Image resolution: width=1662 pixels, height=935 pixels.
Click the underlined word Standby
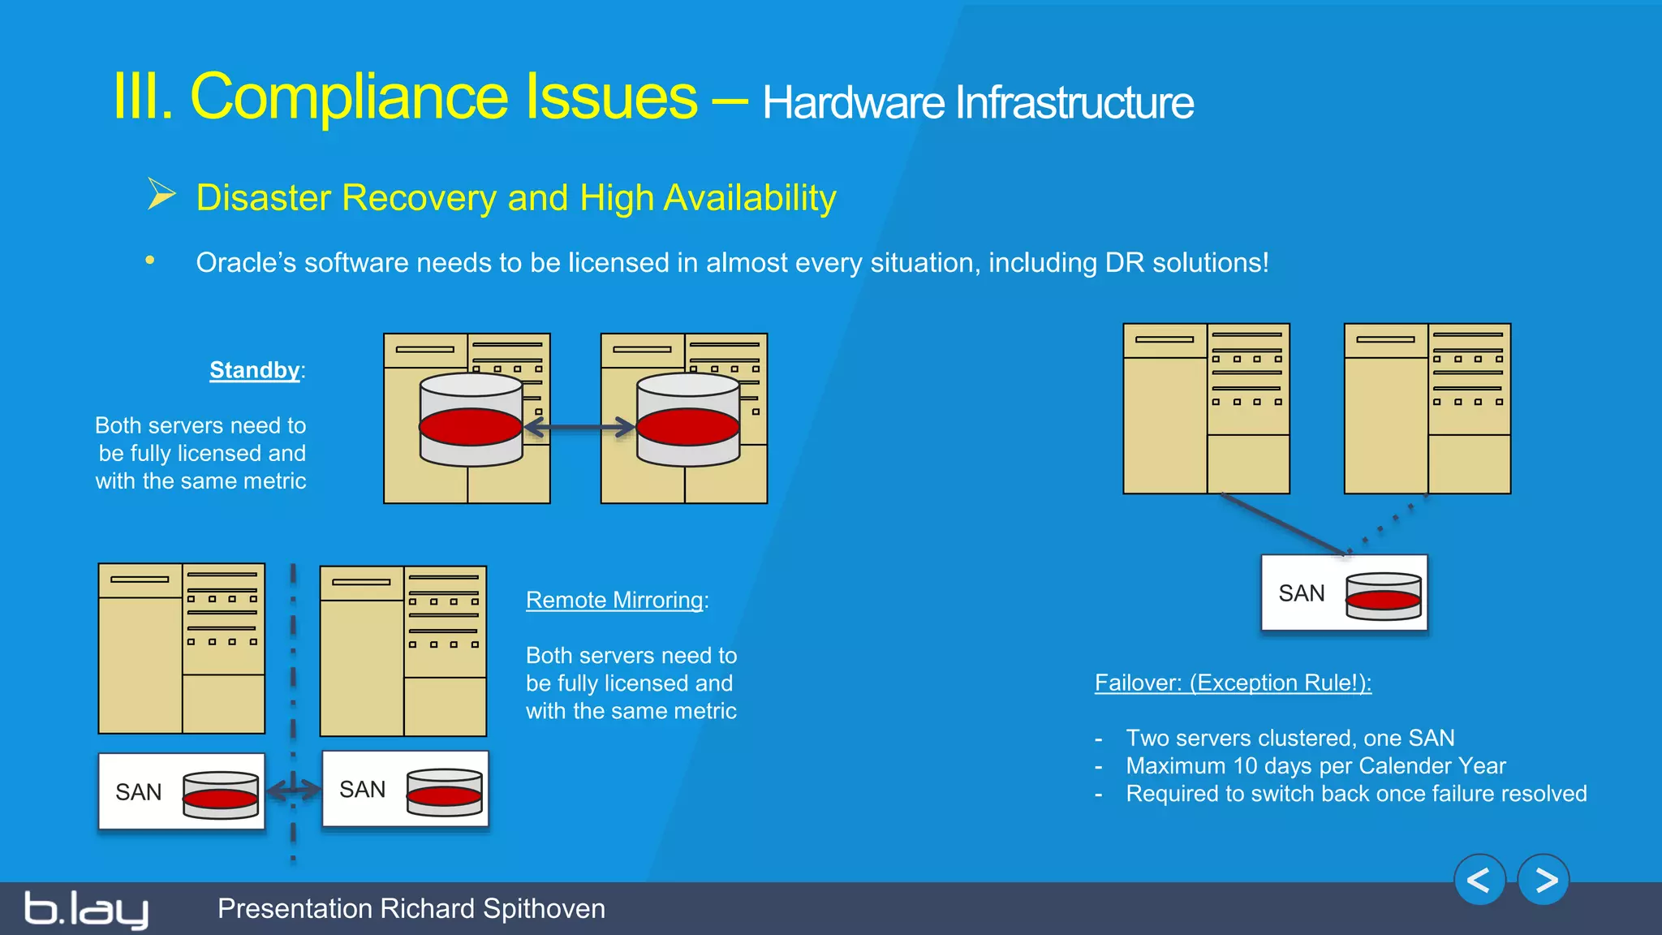coord(254,370)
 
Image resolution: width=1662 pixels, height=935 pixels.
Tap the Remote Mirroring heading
coord(614,600)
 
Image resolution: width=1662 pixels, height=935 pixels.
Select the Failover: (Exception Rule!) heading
coord(1232,683)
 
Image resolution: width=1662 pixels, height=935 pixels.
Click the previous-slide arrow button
coord(1479,880)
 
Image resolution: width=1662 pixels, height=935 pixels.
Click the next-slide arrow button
coord(1544,880)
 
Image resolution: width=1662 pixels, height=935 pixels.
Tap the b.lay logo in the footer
coord(86,909)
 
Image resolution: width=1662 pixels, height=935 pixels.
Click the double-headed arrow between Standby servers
coord(579,428)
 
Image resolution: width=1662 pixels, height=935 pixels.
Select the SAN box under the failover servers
coord(1343,593)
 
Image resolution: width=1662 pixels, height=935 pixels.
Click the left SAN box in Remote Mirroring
coord(181,791)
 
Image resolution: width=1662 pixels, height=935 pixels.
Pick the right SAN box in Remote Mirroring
coord(405,789)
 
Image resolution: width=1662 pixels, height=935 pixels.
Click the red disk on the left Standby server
coord(471,427)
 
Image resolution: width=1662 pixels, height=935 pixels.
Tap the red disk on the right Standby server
coord(688,427)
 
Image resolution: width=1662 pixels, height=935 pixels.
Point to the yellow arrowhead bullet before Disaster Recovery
coord(161,195)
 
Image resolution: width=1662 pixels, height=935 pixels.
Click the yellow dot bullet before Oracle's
coord(150,261)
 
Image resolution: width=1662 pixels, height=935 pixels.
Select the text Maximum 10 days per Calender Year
coord(1315,765)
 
